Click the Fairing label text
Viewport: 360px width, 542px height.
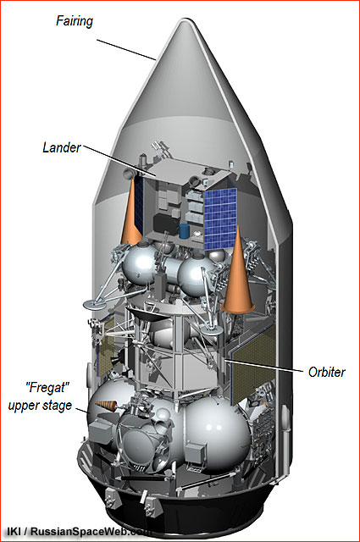click(75, 21)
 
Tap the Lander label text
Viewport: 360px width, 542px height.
click(62, 147)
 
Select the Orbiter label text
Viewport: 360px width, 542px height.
click(326, 372)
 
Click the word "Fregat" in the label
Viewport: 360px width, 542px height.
click(46, 388)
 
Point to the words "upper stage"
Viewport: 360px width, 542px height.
click(40, 406)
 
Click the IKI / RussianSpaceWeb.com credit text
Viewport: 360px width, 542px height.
click(77, 531)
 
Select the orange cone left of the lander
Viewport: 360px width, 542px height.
click(131, 212)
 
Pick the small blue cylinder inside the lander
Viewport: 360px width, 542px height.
click(185, 231)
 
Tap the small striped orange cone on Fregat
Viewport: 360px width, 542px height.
click(107, 405)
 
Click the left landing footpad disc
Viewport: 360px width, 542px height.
click(96, 304)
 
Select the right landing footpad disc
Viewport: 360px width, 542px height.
click(211, 330)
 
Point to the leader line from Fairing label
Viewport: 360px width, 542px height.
click(126, 50)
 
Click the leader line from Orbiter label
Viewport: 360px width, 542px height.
click(263, 365)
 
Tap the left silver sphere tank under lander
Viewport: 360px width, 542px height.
click(138, 264)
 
